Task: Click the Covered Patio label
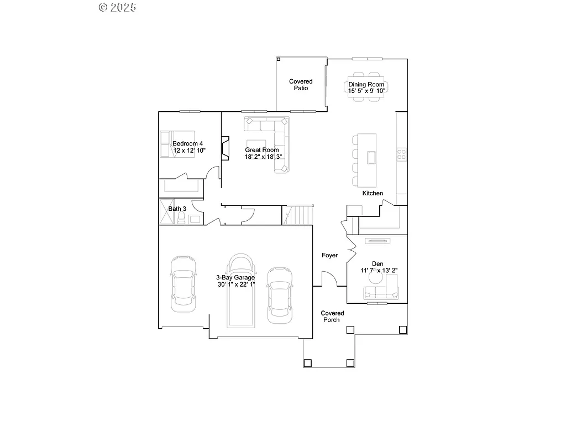tap(301, 85)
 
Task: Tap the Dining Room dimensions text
tap(366, 90)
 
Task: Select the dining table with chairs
tap(366, 86)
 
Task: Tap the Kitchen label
tap(373, 193)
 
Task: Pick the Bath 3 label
tap(177, 209)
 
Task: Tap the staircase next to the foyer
tap(298, 215)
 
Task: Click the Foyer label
tap(330, 255)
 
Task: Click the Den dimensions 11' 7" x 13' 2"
tap(379, 270)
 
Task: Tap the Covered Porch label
tap(332, 317)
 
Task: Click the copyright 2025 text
tap(117, 7)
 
